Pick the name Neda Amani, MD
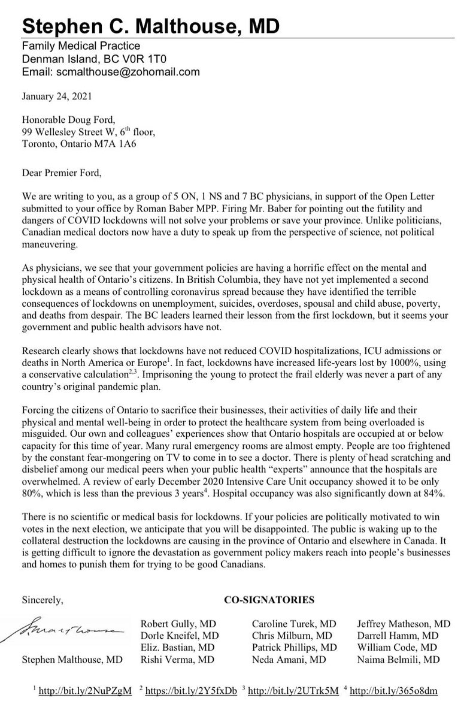pos(286,660)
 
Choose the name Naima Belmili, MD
pos(398,660)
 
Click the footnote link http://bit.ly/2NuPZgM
pos(85,691)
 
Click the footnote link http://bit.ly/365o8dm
pos(393,691)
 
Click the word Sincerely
pos(42,599)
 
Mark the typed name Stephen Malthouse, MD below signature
pos(72,660)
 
